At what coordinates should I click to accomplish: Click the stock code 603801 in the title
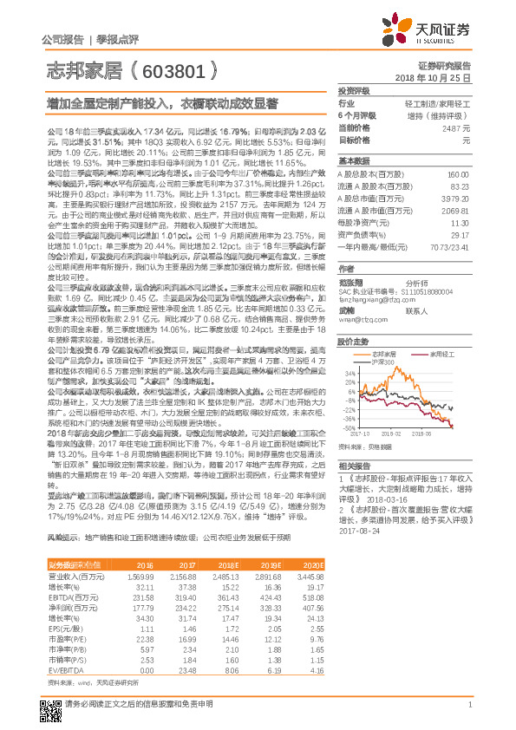pyautogui.click(x=179, y=70)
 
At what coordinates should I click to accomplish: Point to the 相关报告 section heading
pyautogui.click(x=354, y=465)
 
